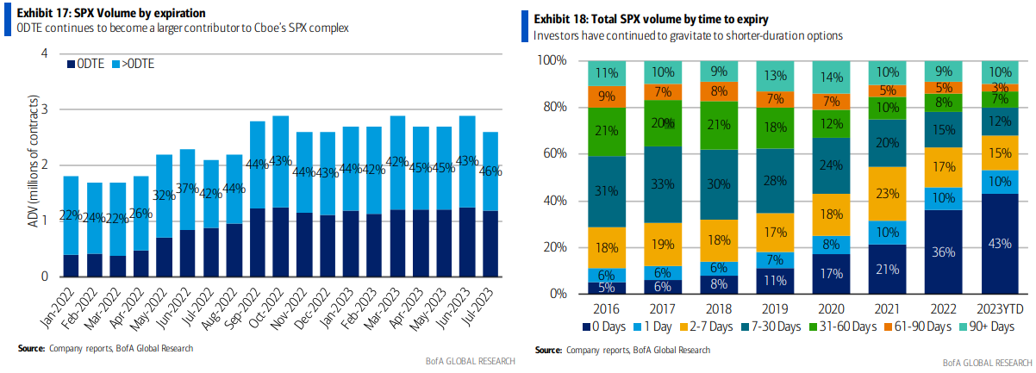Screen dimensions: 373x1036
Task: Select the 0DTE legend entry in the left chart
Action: [89, 64]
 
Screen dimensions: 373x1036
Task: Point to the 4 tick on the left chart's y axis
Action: [43, 54]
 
